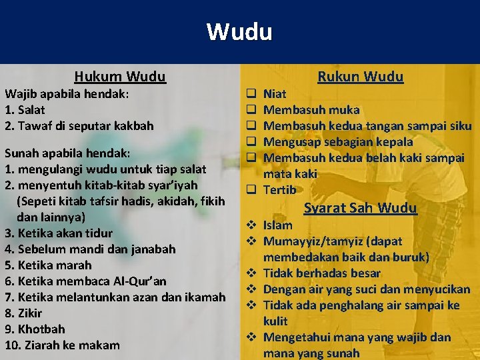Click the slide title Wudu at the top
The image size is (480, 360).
coord(239,31)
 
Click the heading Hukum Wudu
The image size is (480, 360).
coord(120,77)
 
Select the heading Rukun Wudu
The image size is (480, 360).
coord(360,77)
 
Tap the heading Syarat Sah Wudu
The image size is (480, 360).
coord(360,208)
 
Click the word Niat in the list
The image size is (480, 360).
coord(275,94)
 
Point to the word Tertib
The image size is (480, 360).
coord(280,190)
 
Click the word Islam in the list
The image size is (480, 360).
coord(277,225)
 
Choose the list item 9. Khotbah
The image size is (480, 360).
coord(35,329)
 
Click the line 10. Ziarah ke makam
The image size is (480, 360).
coord(62,345)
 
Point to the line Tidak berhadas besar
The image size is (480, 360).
coord(322,273)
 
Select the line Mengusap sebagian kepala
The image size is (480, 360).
coord(338,141)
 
